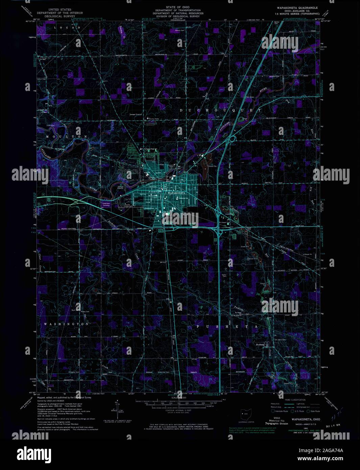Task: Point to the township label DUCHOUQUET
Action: click(220, 110)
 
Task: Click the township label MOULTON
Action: click(67, 136)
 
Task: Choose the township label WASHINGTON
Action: click(66, 324)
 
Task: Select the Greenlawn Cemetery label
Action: click(106, 204)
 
